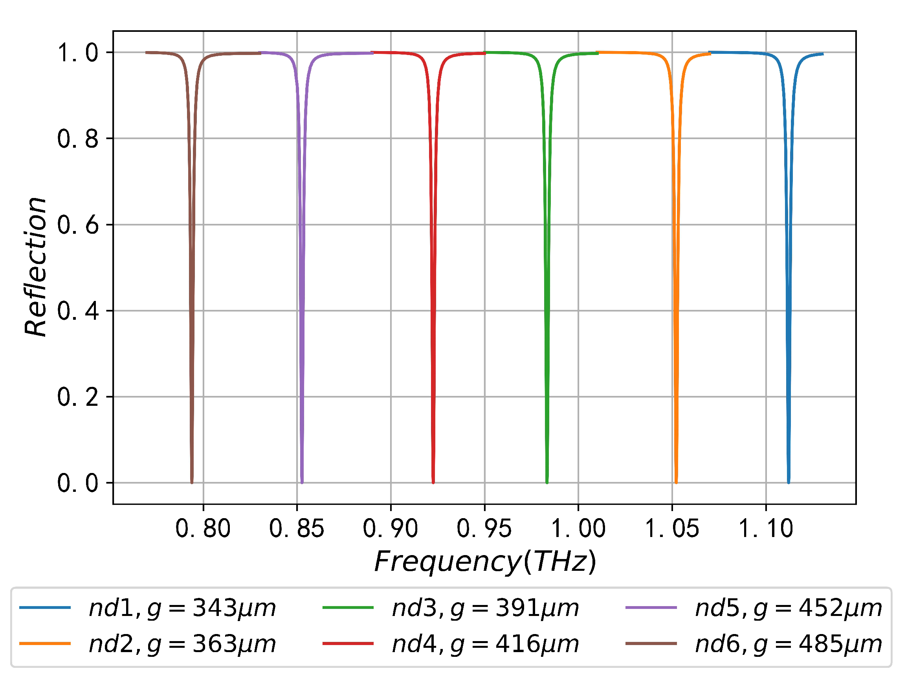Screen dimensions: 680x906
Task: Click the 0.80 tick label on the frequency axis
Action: (203, 528)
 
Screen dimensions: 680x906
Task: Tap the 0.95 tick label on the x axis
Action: (484, 528)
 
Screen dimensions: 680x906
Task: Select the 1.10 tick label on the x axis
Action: (765, 528)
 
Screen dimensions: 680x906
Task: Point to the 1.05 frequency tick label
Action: (672, 528)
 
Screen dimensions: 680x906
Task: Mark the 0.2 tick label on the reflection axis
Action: (78, 397)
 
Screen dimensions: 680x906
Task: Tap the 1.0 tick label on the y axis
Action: (78, 53)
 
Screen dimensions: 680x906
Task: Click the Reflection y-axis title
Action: (36, 266)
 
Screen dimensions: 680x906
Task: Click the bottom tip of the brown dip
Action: (192, 482)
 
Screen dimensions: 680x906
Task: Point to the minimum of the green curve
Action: (547, 482)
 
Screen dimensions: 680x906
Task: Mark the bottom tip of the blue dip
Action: (789, 482)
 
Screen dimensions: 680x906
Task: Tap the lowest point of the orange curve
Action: (676, 482)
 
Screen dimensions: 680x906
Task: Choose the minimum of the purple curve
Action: (302, 482)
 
